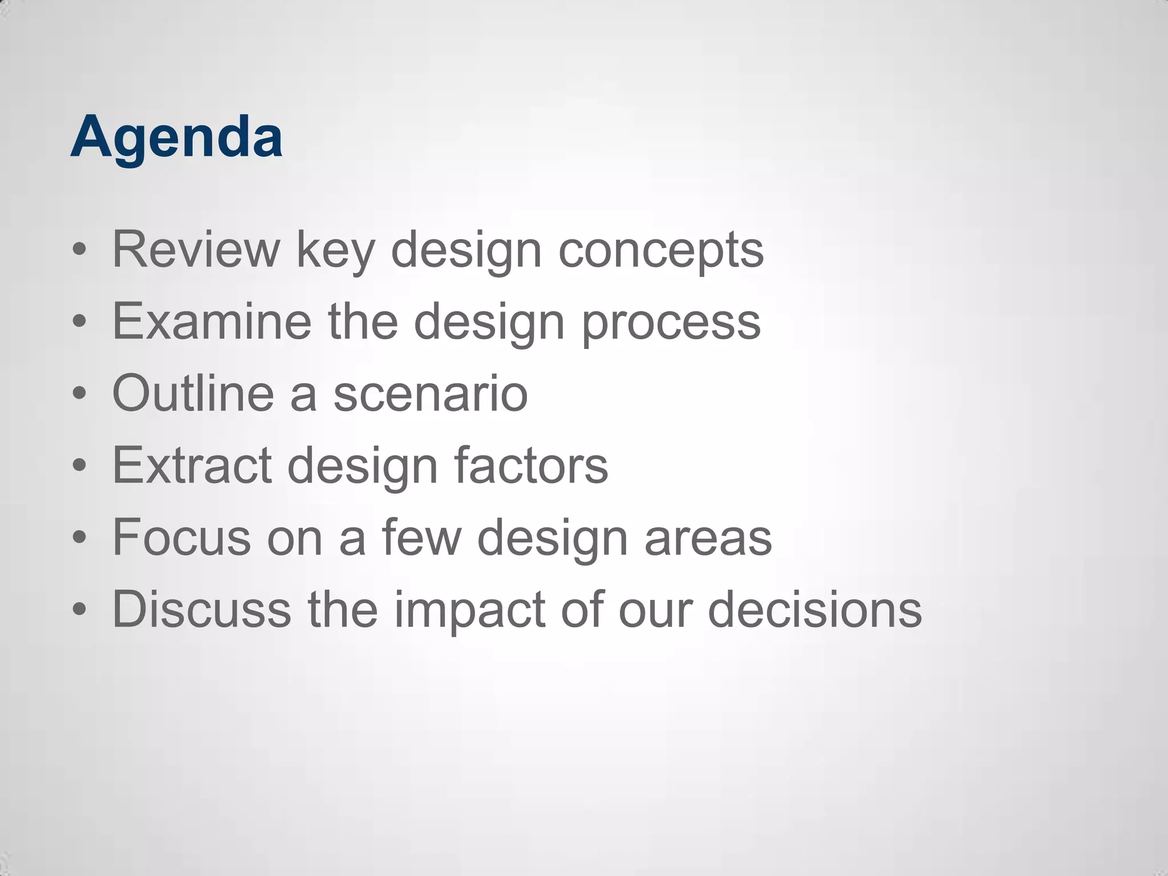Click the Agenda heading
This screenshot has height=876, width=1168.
pos(176,137)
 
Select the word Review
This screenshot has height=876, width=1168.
pos(196,249)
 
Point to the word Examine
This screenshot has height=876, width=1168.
pos(212,321)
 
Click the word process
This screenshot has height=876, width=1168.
pos(671,323)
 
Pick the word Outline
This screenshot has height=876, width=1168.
pos(193,393)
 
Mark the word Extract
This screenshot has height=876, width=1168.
pos(192,465)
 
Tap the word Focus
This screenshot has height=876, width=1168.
pos(181,537)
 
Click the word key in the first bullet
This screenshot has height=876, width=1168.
pos(335,251)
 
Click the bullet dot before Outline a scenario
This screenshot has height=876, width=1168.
pos(80,393)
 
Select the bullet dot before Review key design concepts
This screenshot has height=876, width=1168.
pos(80,249)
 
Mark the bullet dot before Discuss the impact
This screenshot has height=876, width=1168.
pos(80,609)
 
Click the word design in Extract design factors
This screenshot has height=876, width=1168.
pos(362,467)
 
